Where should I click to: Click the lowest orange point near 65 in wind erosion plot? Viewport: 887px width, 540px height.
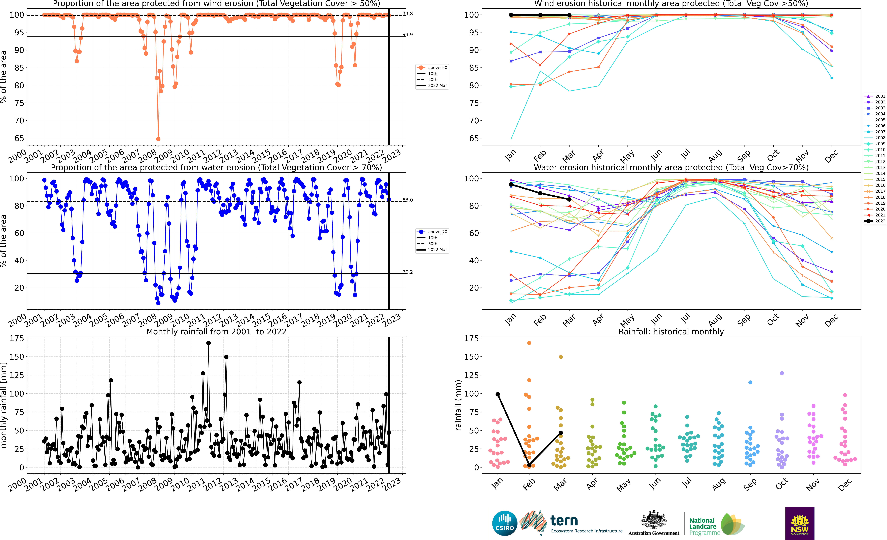coord(158,139)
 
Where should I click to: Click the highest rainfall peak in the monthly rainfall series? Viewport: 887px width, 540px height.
coord(208,343)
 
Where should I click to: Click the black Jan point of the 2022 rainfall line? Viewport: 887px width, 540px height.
coord(498,394)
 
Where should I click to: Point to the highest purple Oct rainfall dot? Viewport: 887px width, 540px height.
coord(782,373)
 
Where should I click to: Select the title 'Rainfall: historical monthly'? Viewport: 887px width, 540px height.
coord(671,332)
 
